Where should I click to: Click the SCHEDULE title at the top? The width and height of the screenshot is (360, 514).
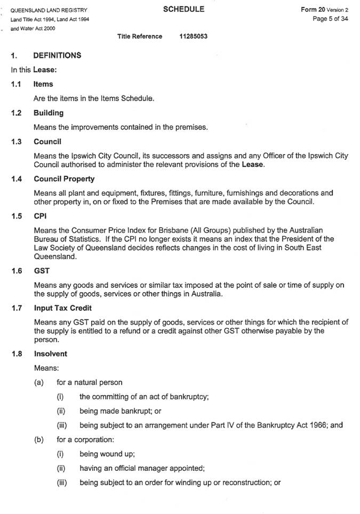pos(183,9)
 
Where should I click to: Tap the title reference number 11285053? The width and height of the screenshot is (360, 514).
pos(194,36)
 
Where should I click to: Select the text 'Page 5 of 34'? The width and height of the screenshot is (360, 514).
pos(331,19)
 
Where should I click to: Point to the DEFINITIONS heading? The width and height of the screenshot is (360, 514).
pos(57,55)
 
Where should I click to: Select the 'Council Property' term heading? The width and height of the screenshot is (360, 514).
pos(64,179)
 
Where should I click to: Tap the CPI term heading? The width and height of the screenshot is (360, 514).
pos(40,216)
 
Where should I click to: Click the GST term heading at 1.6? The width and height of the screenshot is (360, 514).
pos(41,271)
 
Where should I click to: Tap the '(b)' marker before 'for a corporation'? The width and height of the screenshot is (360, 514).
pos(38,440)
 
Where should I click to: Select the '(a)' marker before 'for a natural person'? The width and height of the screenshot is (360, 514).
pos(38,382)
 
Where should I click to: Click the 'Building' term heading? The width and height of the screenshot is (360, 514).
pos(49,113)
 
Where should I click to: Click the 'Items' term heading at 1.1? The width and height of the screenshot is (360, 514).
pos(43,84)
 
